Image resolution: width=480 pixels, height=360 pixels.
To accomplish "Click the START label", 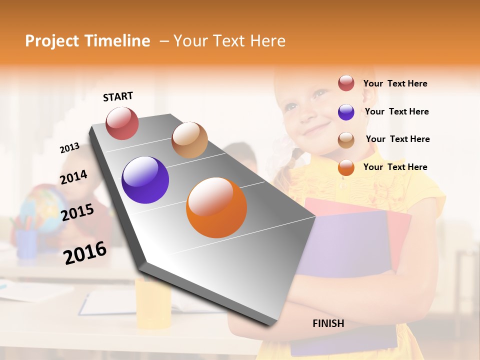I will [x=118, y=96].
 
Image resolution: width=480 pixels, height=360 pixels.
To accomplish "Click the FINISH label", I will [x=328, y=323].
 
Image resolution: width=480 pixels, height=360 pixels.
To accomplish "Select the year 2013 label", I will [x=69, y=147].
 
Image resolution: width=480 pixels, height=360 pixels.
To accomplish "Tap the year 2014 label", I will [x=73, y=177].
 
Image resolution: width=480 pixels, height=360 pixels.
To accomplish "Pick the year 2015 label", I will [x=77, y=212].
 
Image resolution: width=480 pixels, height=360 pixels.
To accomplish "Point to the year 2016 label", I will [x=85, y=252].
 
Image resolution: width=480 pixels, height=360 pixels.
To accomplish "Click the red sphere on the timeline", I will [x=122, y=123].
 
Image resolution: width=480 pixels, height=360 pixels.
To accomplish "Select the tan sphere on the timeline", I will [x=189, y=140].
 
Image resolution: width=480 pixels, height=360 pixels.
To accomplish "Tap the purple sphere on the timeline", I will [x=145, y=180].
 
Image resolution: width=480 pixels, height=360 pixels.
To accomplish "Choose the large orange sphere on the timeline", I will [x=216, y=207].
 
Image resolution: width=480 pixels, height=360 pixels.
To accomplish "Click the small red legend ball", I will [x=346, y=83].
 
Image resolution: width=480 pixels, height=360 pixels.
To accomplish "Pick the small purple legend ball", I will [x=346, y=112].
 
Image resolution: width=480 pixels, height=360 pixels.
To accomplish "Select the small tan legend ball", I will [x=346, y=140].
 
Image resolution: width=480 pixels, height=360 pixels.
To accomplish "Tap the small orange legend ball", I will [x=346, y=167].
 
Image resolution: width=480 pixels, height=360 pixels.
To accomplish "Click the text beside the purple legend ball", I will [x=396, y=111].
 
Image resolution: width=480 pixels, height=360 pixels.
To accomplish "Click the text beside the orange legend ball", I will [x=395, y=167].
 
